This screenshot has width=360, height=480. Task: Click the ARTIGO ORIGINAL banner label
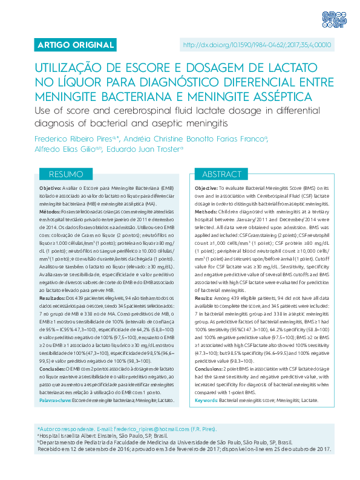pyautogui.click(x=67, y=45)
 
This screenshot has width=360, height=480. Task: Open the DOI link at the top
pyautogui.click(x=257, y=45)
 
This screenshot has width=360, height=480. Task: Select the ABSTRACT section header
pyautogui.click(x=222, y=174)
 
